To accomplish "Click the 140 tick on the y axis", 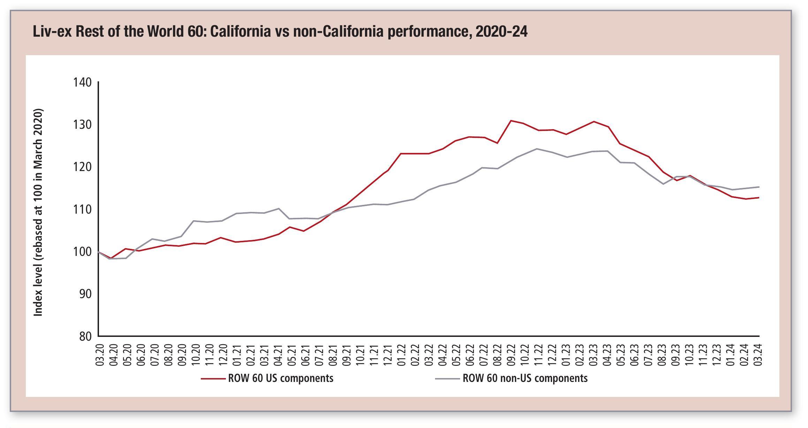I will (82, 82).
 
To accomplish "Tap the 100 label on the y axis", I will (82, 252).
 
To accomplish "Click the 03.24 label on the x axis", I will (758, 355).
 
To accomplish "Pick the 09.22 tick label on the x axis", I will (511, 355).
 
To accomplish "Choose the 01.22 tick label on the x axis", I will (402, 355).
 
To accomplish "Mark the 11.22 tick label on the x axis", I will (539, 355).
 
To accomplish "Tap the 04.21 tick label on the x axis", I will (278, 355).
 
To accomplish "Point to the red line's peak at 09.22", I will (511, 121).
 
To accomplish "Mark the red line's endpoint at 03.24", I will (759, 198).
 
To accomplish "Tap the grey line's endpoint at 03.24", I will (759, 187).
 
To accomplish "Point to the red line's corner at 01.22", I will (401, 154).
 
